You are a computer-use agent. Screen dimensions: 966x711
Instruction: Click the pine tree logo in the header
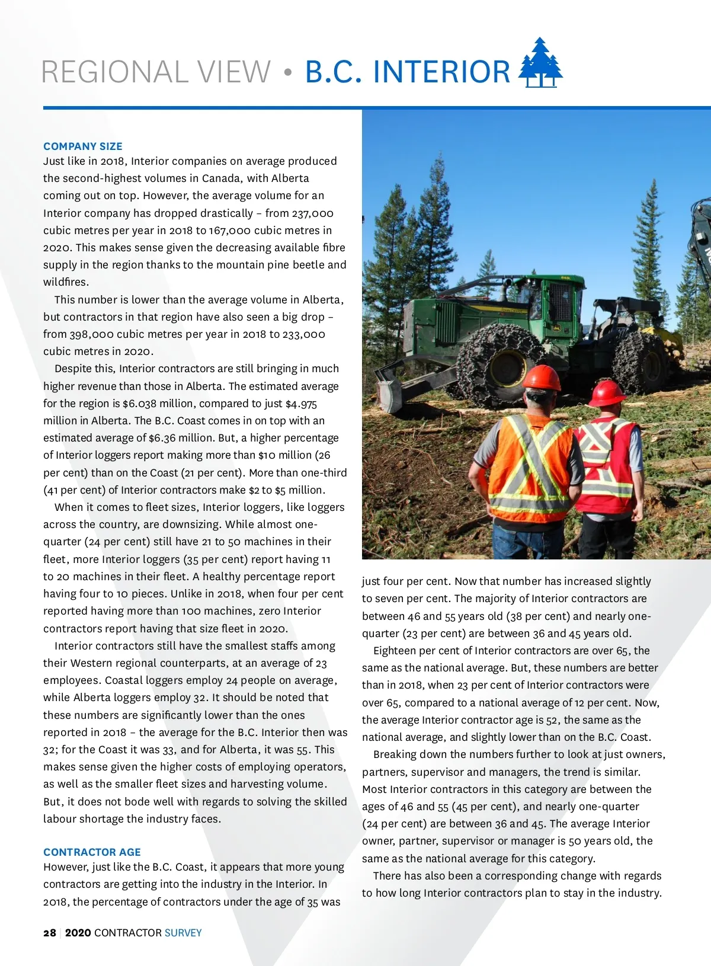[540, 64]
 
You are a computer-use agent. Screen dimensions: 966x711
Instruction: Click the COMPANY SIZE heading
[83, 146]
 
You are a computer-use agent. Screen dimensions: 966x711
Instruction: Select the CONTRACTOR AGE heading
[92, 852]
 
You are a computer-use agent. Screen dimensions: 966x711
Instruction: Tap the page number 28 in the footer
[50, 933]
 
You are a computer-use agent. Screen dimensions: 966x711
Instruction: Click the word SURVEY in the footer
[183, 933]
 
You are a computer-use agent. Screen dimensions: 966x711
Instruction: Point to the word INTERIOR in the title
[441, 72]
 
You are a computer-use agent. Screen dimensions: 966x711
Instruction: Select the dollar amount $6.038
[141, 404]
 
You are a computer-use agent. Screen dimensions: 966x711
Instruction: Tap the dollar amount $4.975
[301, 404]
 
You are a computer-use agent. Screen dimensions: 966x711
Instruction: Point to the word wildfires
[66, 282]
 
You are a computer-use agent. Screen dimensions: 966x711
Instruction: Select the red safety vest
[607, 466]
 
